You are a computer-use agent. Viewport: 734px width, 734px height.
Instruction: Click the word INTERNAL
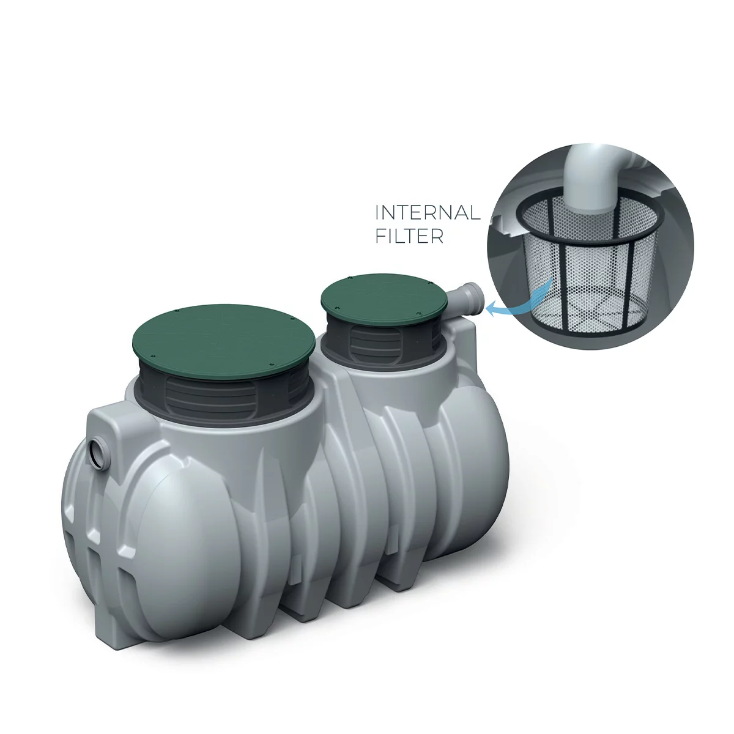click(428, 212)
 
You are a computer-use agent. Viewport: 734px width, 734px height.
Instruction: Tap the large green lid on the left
click(224, 341)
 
